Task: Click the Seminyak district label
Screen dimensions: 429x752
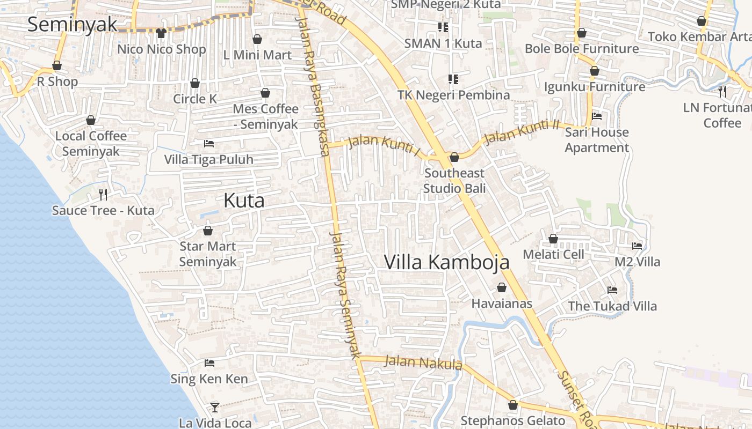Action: point(72,24)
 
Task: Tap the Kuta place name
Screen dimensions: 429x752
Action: point(244,201)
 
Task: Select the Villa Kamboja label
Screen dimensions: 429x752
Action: point(446,262)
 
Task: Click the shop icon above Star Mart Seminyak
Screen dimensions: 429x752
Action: point(208,231)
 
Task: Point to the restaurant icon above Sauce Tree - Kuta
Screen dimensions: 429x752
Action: point(103,194)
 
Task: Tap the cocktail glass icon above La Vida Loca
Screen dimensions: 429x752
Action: point(215,407)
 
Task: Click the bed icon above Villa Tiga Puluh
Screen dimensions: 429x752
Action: point(209,144)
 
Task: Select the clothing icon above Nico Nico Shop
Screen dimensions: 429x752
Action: point(161,33)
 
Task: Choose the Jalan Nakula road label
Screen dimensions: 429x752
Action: point(423,363)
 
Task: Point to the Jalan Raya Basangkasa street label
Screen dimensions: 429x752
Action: point(313,86)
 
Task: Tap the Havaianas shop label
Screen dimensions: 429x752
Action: point(502,304)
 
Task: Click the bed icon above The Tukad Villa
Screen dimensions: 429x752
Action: point(612,290)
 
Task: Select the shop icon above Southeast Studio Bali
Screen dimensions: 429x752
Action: point(454,157)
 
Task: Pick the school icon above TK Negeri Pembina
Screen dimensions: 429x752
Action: point(453,79)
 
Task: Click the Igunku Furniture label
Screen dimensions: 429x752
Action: point(595,87)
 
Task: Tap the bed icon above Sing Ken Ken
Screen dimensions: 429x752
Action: point(209,363)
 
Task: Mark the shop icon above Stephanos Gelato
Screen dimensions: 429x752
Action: point(513,405)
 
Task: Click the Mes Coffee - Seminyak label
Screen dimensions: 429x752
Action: point(265,116)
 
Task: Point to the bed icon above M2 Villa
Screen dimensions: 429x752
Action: point(637,246)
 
